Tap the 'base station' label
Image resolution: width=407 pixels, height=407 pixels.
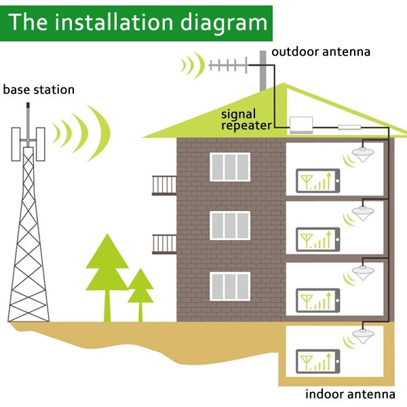click(x=39, y=90)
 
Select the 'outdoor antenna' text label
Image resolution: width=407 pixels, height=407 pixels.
click(x=321, y=52)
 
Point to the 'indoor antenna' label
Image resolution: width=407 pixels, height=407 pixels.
click(x=350, y=394)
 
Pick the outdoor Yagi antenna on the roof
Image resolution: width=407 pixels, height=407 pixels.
click(x=230, y=66)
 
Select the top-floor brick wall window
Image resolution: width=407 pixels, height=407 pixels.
click(x=229, y=167)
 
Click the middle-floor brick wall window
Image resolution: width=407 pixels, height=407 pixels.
click(x=229, y=225)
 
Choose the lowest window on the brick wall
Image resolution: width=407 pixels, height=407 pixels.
click(x=229, y=286)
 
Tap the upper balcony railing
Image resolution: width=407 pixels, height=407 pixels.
click(x=164, y=185)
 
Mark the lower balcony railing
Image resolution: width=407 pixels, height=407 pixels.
click(x=164, y=244)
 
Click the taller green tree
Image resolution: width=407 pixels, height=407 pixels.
click(x=106, y=265)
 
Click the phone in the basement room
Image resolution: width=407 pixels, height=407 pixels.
click(x=317, y=361)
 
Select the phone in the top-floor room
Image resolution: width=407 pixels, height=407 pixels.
click(x=317, y=180)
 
